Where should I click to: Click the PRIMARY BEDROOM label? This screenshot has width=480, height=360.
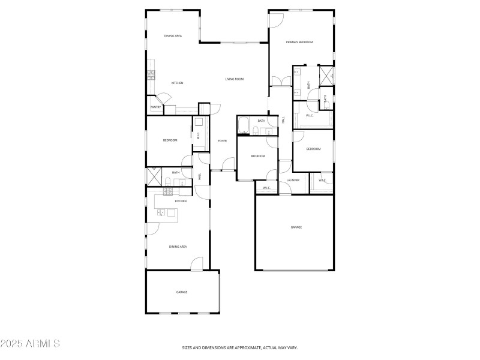click(x=299, y=42)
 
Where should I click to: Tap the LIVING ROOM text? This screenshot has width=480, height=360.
click(x=234, y=79)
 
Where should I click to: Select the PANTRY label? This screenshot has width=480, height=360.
click(x=155, y=108)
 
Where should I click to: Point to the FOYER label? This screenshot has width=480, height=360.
click(x=222, y=141)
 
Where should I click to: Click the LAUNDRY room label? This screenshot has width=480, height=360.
click(x=293, y=180)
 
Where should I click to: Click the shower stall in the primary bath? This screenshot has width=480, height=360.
click(x=327, y=75)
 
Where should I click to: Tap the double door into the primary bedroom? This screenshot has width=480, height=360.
click(x=277, y=81)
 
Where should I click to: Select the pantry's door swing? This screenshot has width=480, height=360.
click(x=164, y=98)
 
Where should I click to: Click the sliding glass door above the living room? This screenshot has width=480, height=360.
click(x=240, y=43)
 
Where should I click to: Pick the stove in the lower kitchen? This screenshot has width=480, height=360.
click(x=169, y=191)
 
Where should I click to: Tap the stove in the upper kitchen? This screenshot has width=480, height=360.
click(x=151, y=75)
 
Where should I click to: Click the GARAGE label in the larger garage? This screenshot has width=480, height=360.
click(x=296, y=227)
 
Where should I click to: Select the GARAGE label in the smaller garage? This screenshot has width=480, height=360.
click(x=181, y=292)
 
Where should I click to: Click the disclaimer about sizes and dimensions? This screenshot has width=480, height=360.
click(x=240, y=347)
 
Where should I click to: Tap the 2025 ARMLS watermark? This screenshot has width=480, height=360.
click(x=30, y=344)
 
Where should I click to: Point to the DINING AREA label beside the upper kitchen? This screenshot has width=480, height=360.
click(x=173, y=36)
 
